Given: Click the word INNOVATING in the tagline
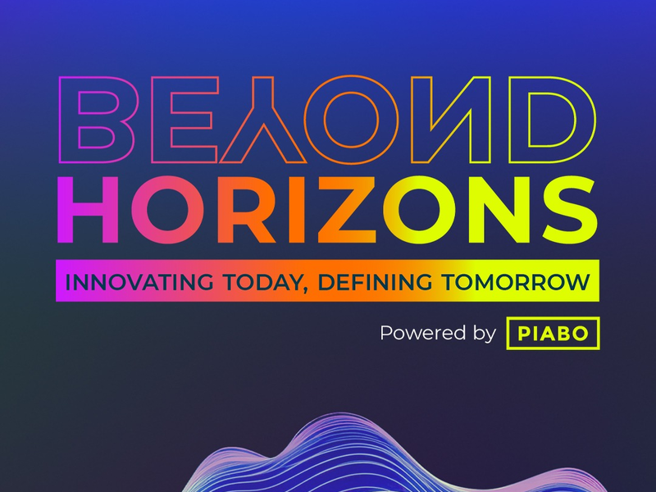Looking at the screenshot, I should click(130, 281).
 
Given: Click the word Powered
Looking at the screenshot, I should click(419, 334).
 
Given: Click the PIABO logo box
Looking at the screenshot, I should click(553, 334).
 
